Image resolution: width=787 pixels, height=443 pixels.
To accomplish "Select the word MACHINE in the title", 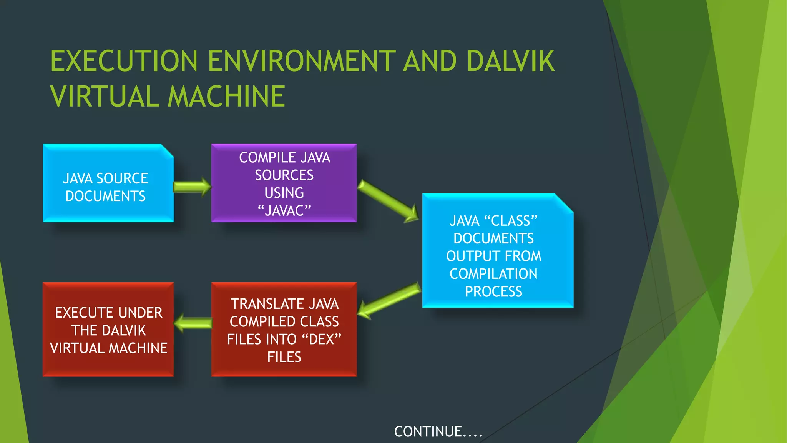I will tap(226, 96).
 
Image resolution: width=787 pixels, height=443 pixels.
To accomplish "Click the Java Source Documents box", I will tap(108, 183).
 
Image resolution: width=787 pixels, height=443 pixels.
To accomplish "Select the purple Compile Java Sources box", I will tap(284, 183).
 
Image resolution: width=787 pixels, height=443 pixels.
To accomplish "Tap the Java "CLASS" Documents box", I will tap(497, 251).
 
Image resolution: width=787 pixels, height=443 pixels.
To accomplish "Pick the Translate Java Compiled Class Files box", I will tap(284, 330).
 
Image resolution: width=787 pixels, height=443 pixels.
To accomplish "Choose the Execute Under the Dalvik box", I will tap(108, 330).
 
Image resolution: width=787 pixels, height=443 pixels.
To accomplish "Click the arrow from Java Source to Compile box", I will tap(192, 187).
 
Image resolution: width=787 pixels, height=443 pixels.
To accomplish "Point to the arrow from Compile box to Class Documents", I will tap(388, 202).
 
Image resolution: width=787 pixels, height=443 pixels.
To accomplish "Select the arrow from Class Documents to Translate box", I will tap(389, 300).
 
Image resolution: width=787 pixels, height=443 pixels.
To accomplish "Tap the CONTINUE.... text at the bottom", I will tap(438, 431).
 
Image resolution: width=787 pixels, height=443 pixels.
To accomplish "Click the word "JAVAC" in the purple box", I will tap(284, 210).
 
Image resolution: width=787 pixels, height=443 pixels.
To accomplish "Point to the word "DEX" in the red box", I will tap(322, 339).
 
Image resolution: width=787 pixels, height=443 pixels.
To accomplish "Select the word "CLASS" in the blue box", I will tap(511, 221).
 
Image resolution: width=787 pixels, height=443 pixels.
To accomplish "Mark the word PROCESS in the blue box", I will tap(493, 291).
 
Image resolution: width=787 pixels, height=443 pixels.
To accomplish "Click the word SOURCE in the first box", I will tap(122, 178).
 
